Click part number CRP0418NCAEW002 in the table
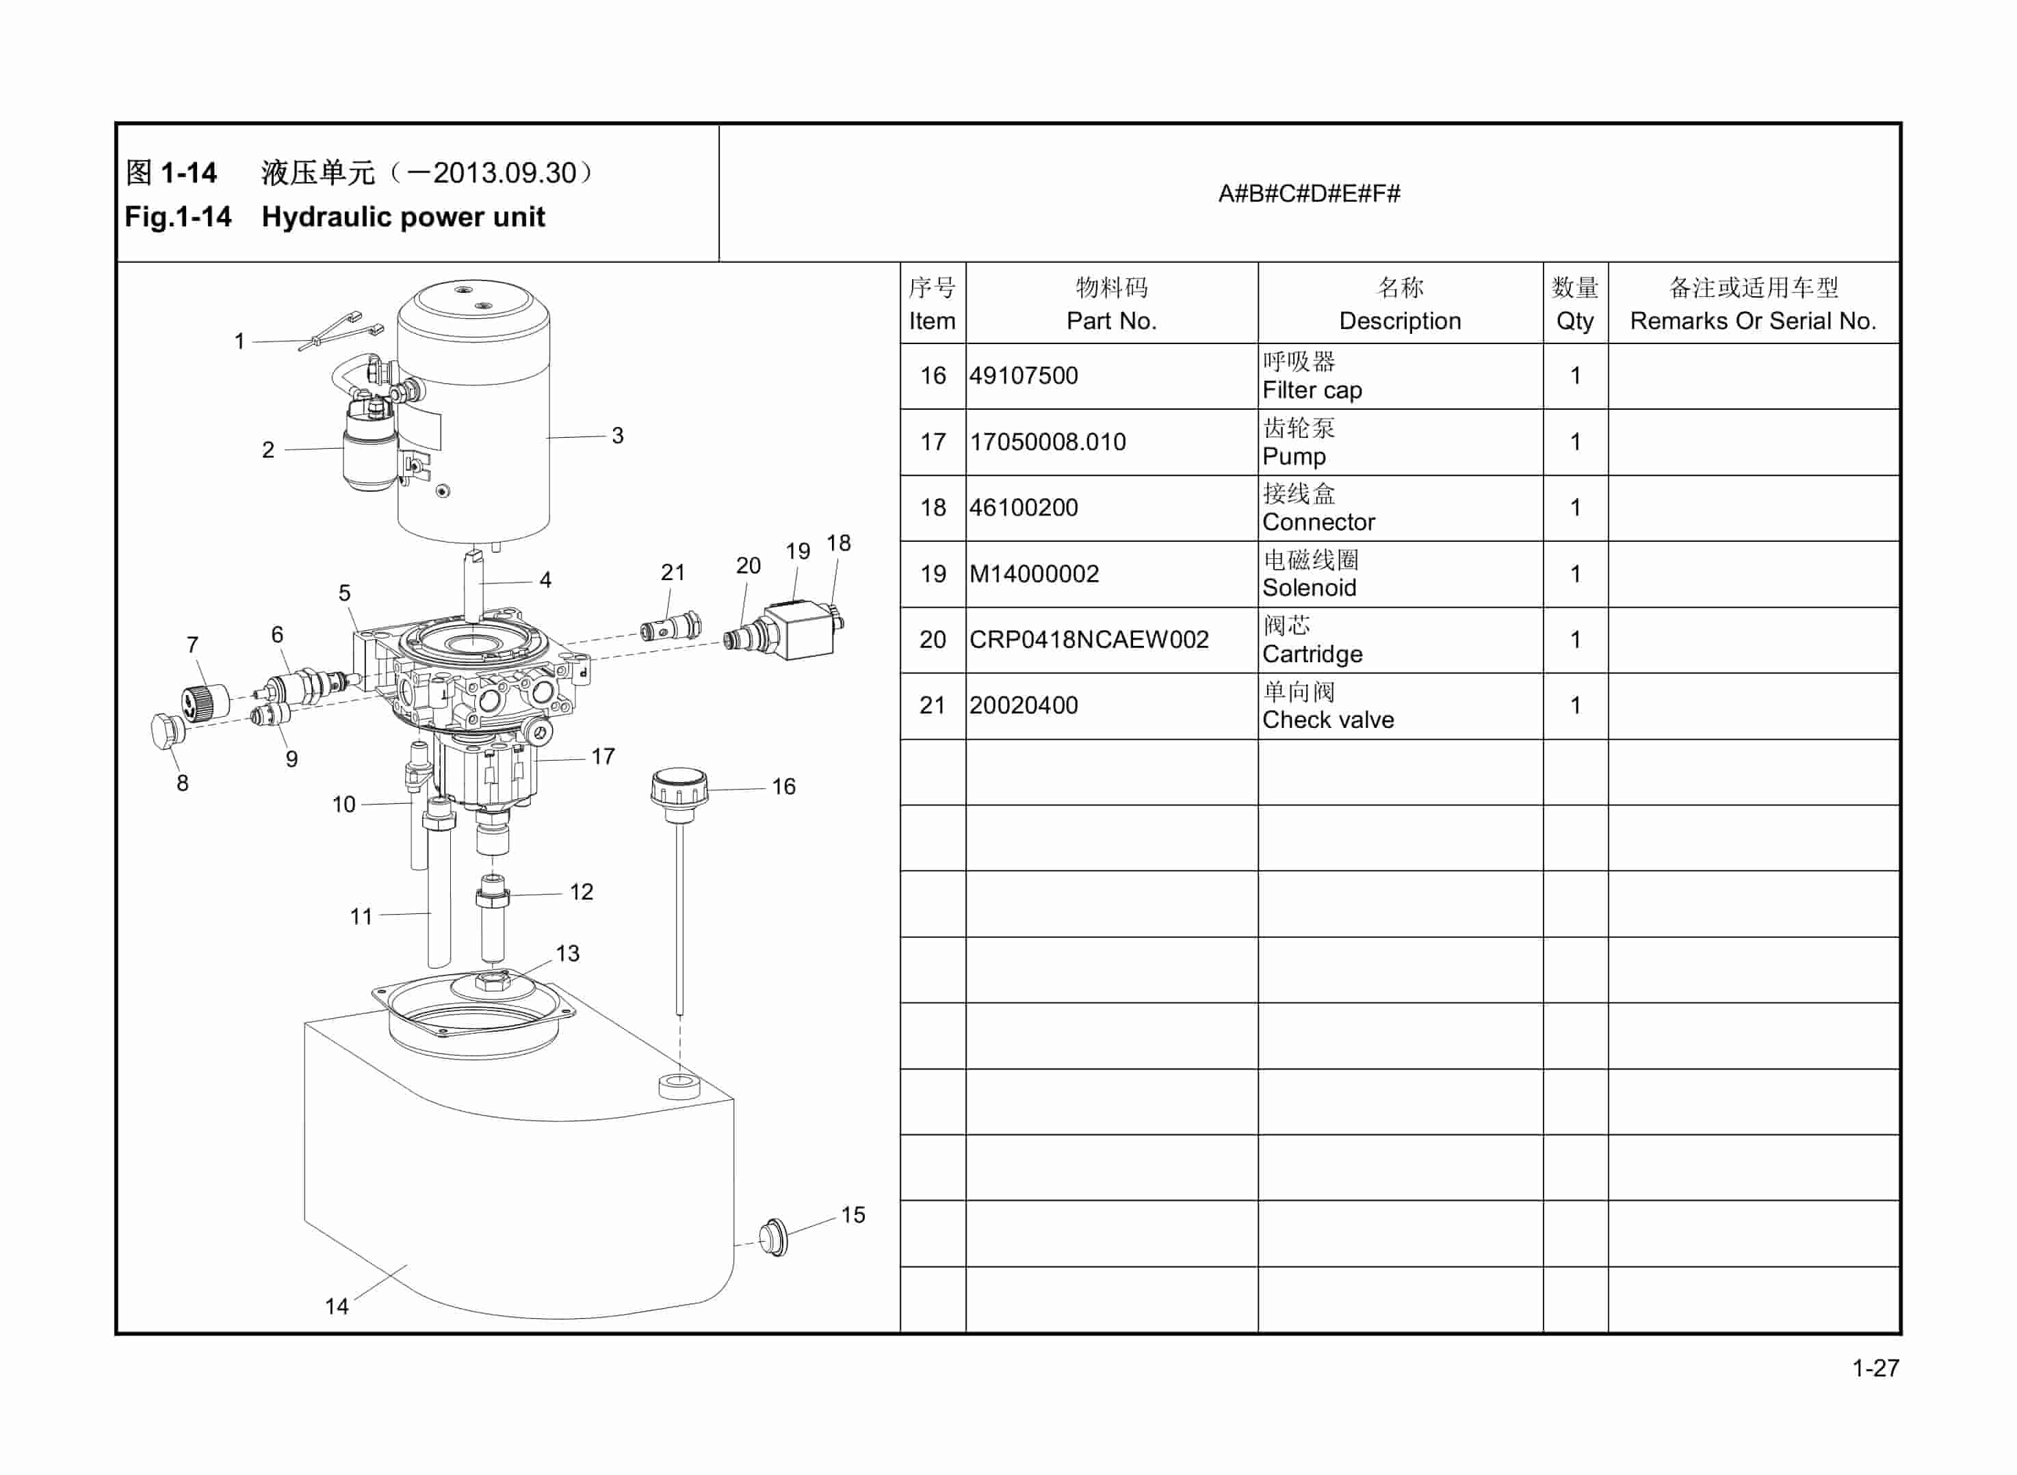[1089, 639]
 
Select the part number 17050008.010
[1047, 442]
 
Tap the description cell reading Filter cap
[1312, 390]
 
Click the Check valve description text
[1328, 720]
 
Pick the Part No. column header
[1110, 321]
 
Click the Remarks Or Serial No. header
[1753, 321]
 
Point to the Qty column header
[1574, 321]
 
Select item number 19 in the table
[932, 574]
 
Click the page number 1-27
[1875, 1368]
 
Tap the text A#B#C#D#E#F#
[1309, 194]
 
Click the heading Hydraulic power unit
[403, 217]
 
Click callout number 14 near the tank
[337, 1306]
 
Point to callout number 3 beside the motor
[617, 436]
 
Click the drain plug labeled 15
[773, 1237]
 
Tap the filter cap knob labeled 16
[679, 787]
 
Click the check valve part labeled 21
[671, 627]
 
